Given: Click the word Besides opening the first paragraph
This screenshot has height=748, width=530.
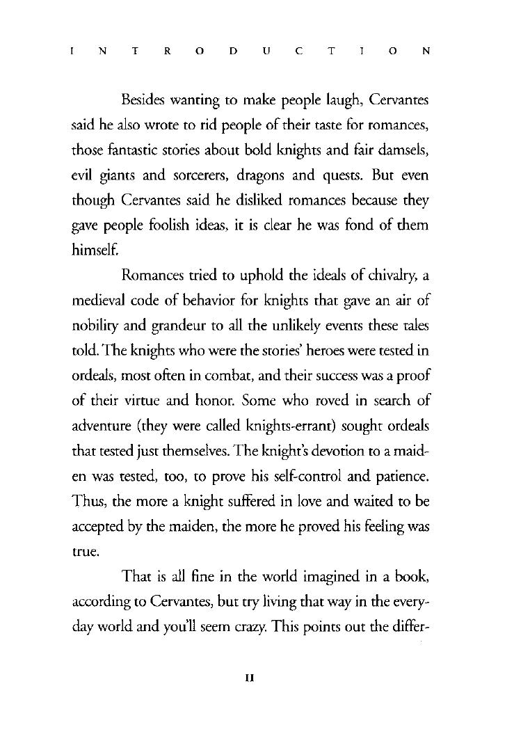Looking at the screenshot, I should (143, 101).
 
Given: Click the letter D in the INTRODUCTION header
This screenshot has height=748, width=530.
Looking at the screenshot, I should (234, 51).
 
